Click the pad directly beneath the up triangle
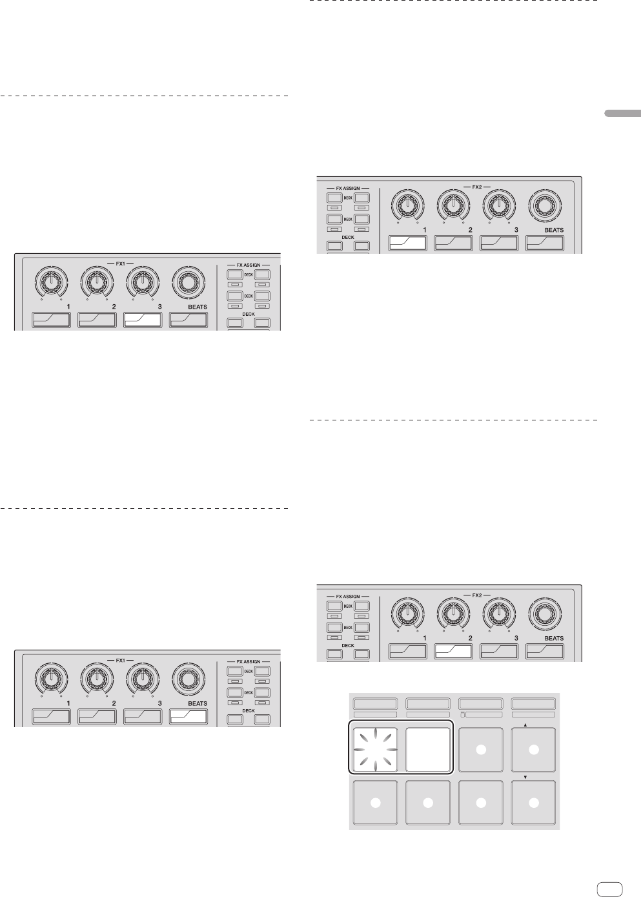[533, 750]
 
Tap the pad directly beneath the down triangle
[533, 803]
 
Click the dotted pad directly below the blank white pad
[427, 803]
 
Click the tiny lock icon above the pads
[463, 715]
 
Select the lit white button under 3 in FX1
[143, 320]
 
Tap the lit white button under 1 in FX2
[407, 243]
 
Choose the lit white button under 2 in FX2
[453, 651]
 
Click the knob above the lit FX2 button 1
[406, 205]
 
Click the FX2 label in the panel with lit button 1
[477, 187]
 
